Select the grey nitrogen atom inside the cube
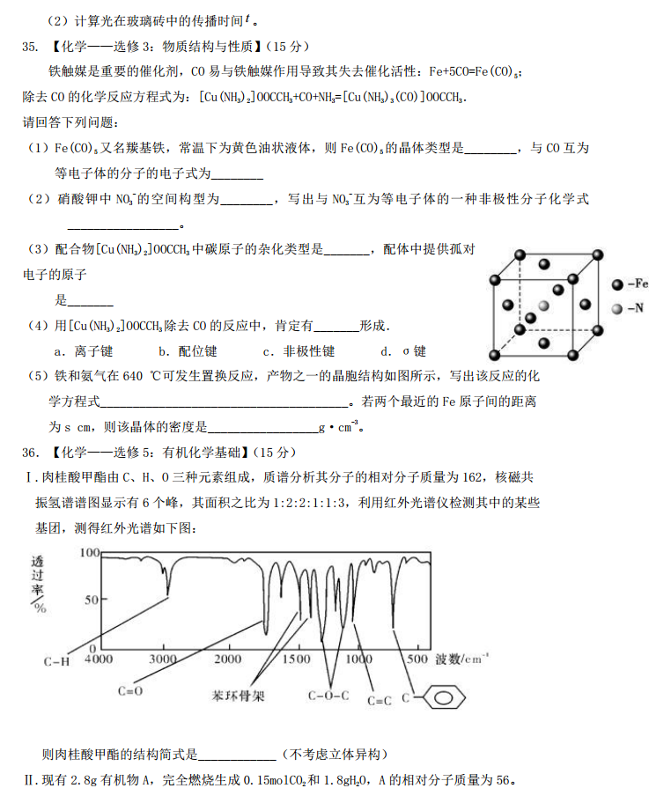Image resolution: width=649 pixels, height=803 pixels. point(542,304)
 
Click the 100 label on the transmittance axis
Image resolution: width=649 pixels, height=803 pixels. point(89,553)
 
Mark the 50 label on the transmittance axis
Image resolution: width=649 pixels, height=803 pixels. point(92,600)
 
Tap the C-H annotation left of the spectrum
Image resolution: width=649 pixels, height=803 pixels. point(56,660)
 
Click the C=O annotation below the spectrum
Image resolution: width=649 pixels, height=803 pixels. point(130,691)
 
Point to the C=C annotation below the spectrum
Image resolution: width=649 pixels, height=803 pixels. point(379,701)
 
